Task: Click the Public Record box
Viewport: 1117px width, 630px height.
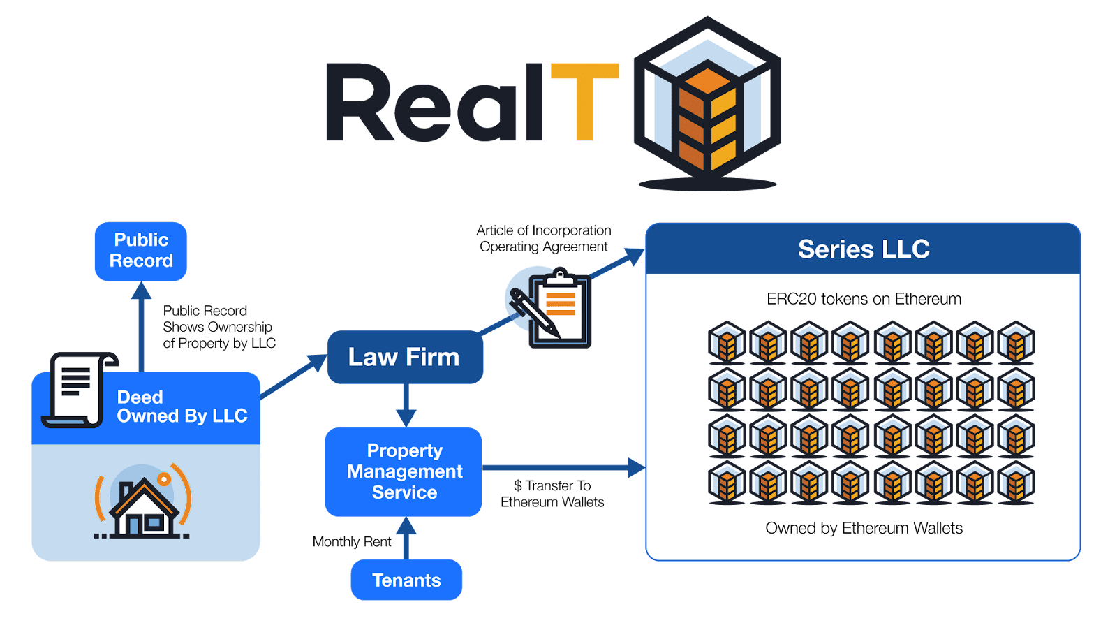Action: [141, 251]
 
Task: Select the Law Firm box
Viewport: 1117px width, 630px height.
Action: [405, 357]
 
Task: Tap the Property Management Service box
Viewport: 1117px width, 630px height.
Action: [404, 471]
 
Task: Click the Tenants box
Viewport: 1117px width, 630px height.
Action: [406, 580]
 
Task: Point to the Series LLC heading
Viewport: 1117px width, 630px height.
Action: [864, 249]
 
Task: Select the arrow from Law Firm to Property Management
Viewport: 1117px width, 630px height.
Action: [406, 405]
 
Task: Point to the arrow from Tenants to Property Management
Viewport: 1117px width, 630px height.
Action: [406, 538]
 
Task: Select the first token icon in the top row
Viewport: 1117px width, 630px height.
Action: [727, 342]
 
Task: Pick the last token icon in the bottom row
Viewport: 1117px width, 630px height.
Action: [1016, 483]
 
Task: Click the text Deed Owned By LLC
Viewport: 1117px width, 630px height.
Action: [182, 406]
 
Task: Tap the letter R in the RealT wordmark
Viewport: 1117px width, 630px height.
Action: [360, 103]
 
